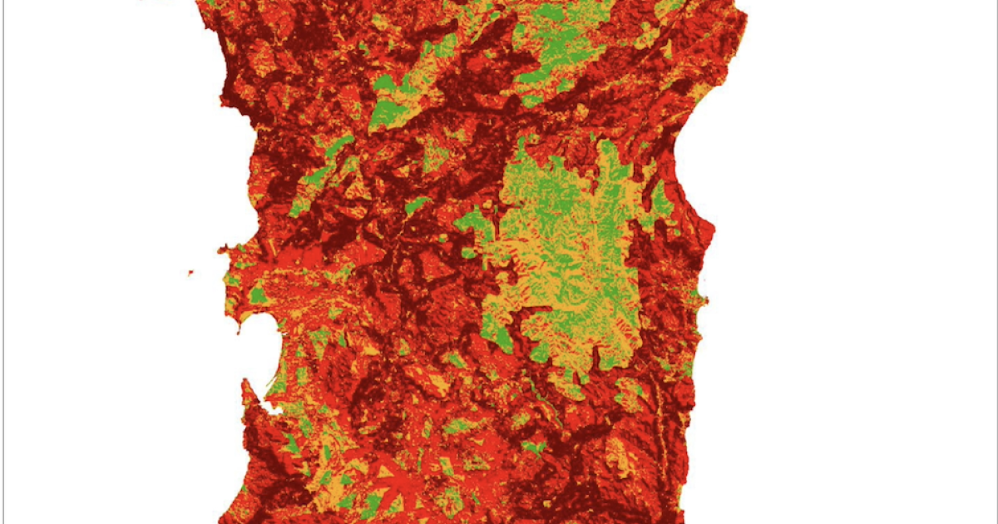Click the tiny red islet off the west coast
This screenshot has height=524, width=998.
point(190,273)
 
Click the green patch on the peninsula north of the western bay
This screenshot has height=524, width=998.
point(257,295)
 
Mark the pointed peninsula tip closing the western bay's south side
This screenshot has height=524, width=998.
point(245,384)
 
